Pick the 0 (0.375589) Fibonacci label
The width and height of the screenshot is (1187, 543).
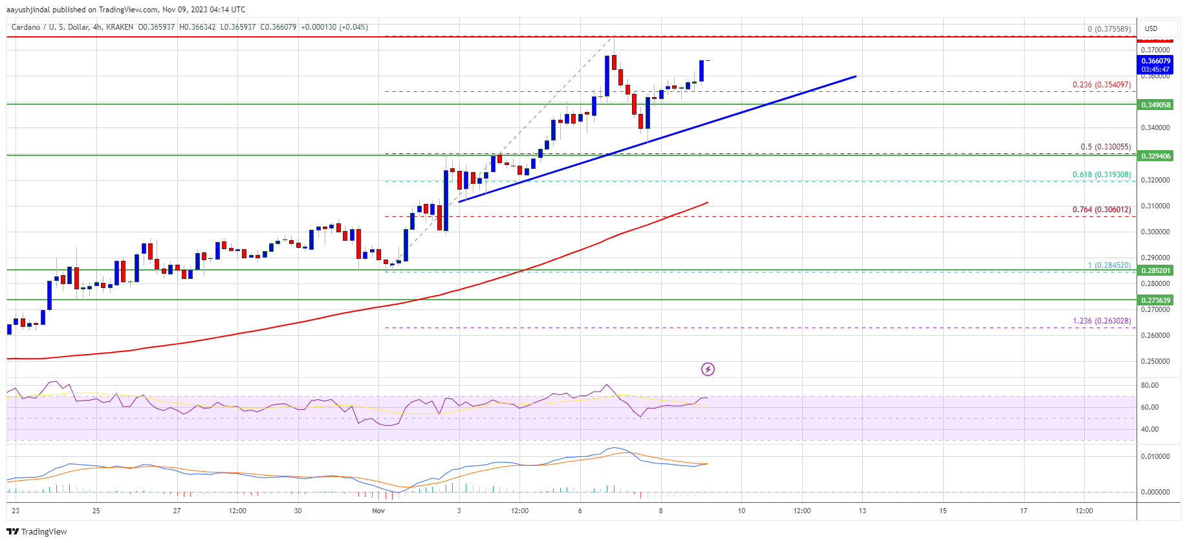1109,29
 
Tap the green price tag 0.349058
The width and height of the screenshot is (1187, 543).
1155,105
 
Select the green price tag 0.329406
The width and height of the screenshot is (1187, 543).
1155,156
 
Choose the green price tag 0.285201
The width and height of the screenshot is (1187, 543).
1155,271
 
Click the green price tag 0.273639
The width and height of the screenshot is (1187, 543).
1155,300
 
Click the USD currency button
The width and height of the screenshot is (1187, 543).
1151,28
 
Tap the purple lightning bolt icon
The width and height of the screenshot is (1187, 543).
708,369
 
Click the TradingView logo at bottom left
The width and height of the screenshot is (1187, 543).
37,531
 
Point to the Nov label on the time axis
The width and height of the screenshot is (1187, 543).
378,511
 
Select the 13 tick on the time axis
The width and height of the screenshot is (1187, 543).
862,511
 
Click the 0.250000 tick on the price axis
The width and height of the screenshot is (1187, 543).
1155,361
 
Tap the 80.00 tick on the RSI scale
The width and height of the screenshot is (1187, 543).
1149,385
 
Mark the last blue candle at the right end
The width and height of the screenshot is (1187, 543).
701,71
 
